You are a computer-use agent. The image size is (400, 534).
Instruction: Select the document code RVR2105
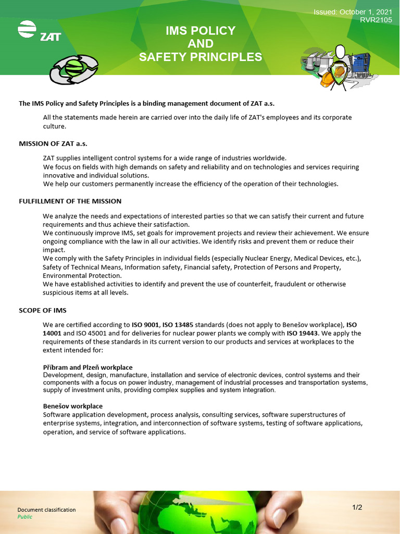pyautogui.click(x=376, y=20)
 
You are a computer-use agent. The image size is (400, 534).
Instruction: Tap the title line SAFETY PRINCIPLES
pyautogui.click(x=201, y=57)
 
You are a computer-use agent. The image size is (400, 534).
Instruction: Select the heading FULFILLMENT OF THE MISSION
pyautogui.click(x=70, y=201)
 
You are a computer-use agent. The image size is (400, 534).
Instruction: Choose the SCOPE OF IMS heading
pyautogui.click(x=43, y=310)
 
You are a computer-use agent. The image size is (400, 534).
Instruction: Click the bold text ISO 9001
pyautogui.click(x=145, y=324)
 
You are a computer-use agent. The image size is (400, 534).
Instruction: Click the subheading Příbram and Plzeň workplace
pyautogui.click(x=87, y=368)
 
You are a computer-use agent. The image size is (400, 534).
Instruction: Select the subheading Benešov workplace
pyautogui.click(x=72, y=406)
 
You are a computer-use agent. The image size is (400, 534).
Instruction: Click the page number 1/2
pyautogui.click(x=357, y=507)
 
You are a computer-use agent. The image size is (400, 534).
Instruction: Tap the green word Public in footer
pyautogui.click(x=24, y=517)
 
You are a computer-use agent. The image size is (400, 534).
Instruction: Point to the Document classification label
pyautogui.click(x=46, y=509)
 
